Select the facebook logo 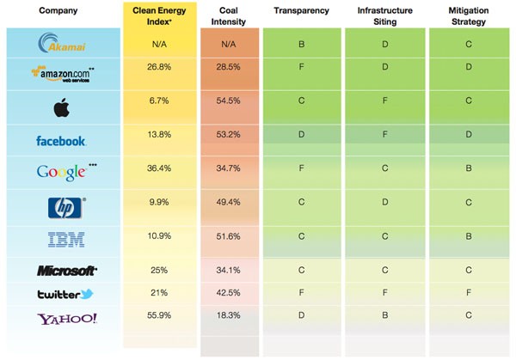pyautogui.click(x=60, y=140)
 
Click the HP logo pyautogui.click(x=61, y=206)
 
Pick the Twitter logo pyautogui.click(x=64, y=294)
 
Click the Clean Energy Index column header pyautogui.click(x=158, y=15)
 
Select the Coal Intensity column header pyautogui.click(x=230, y=15)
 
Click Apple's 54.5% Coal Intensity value pyautogui.click(x=229, y=101)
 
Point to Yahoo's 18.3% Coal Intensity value pyautogui.click(x=229, y=315)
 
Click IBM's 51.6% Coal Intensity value pyautogui.click(x=229, y=235)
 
